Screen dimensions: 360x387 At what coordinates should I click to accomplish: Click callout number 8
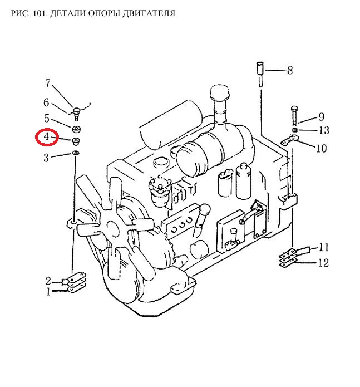click(290, 70)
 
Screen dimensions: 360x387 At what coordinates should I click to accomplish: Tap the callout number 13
click(324, 130)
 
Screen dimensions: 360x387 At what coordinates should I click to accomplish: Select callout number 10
click(321, 148)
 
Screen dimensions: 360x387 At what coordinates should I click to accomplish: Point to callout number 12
click(323, 263)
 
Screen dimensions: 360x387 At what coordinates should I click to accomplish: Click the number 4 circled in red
click(47, 136)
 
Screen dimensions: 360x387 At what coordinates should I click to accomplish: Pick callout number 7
click(48, 83)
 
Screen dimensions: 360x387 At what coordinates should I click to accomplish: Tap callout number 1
click(48, 292)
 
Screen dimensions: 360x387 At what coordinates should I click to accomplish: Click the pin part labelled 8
click(260, 74)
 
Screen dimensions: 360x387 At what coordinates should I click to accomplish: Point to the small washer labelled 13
click(295, 130)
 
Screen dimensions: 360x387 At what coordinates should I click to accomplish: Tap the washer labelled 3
click(76, 153)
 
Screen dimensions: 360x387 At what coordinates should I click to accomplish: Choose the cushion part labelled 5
click(76, 129)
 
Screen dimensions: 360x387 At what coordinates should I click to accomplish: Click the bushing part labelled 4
click(76, 141)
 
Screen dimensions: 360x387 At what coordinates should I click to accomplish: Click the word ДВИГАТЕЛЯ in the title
click(149, 13)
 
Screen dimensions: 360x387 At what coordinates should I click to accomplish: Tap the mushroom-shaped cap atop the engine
click(219, 94)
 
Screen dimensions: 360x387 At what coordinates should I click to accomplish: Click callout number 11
click(323, 247)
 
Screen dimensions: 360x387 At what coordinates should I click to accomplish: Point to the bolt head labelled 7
click(76, 110)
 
